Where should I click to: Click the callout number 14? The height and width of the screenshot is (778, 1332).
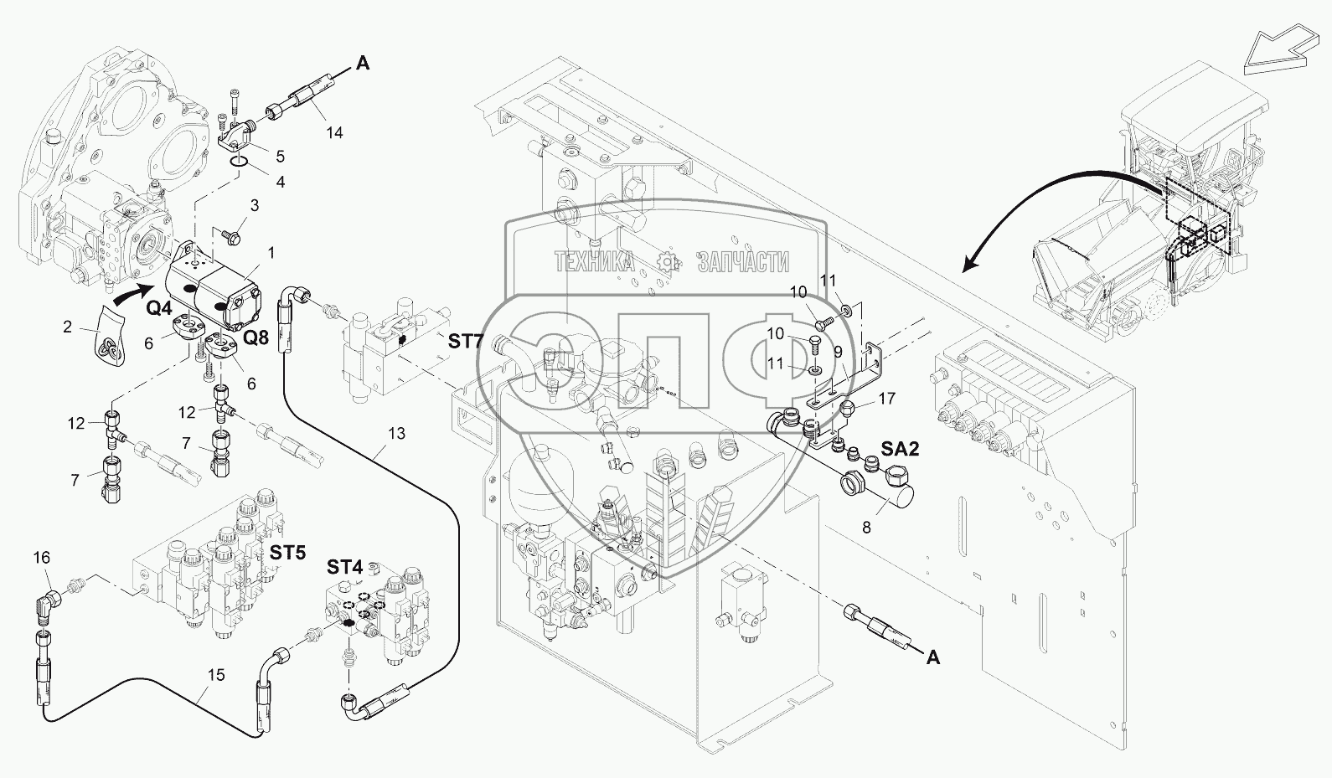click(334, 132)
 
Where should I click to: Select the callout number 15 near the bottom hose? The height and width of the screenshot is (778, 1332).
click(217, 674)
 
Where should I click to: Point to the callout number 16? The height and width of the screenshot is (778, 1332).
click(42, 557)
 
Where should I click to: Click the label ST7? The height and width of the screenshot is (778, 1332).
click(467, 341)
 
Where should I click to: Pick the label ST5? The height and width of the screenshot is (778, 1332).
click(287, 553)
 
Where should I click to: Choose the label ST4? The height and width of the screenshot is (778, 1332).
click(344, 567)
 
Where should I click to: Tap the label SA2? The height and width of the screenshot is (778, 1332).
click(899, 450)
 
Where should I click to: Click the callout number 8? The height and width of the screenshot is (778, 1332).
click(866, 528)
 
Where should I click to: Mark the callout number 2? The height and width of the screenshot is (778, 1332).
click(68, 327)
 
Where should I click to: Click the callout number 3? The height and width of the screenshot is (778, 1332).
click(254, 205)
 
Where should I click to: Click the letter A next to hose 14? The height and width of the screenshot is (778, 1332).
click(363, 62)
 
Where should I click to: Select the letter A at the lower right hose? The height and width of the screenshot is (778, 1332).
click(932, 657)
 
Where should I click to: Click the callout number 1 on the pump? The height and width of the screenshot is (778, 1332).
click(271, 252)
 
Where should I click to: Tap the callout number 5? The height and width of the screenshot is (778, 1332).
click(280, 156)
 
